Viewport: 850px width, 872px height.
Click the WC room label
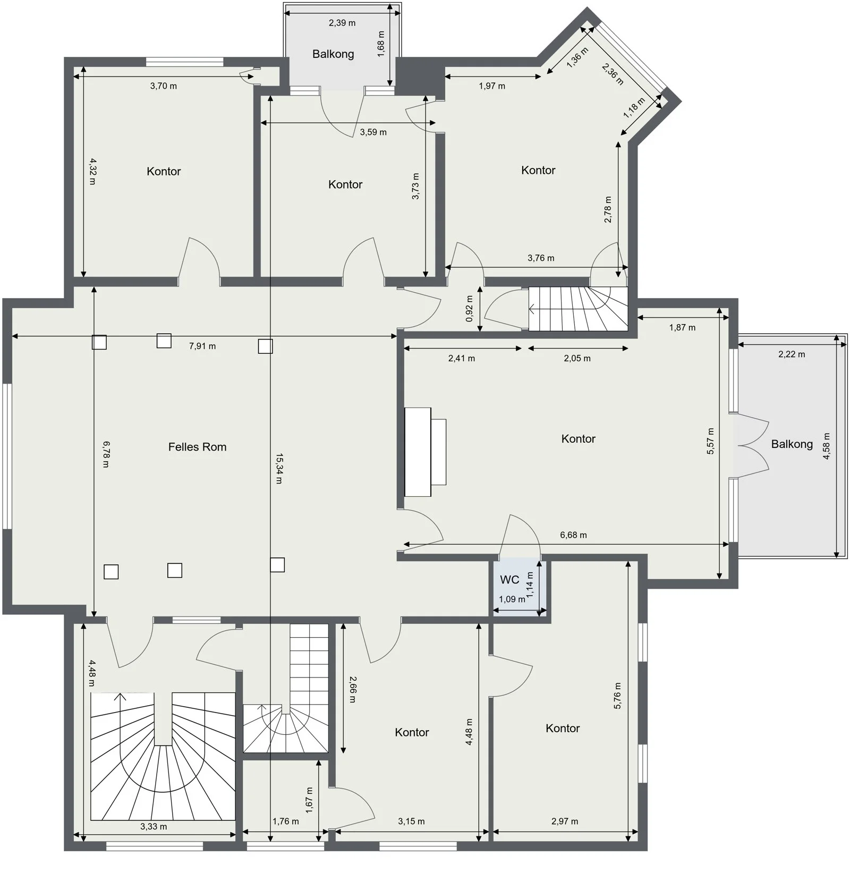509,579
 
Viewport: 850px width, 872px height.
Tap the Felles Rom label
197,447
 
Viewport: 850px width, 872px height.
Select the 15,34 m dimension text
279,468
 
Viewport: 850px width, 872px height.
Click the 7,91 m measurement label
202,346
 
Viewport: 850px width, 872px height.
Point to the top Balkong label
333,54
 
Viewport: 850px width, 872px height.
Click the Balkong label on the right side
792,444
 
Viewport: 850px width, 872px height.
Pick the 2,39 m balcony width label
342,23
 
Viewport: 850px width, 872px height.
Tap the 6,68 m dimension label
573,535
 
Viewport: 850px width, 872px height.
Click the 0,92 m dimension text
469,309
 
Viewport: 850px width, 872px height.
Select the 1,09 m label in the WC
512,599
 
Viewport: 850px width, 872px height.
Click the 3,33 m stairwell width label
154,826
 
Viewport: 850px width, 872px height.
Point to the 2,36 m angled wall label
613,74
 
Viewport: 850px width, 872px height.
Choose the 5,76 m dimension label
617,696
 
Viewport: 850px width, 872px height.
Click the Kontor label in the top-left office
164,171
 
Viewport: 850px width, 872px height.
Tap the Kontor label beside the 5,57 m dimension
578,438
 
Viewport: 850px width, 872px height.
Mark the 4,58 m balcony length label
826,446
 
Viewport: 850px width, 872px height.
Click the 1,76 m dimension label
285,821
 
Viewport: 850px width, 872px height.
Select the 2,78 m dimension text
608,210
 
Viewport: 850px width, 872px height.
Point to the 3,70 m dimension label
163,86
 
